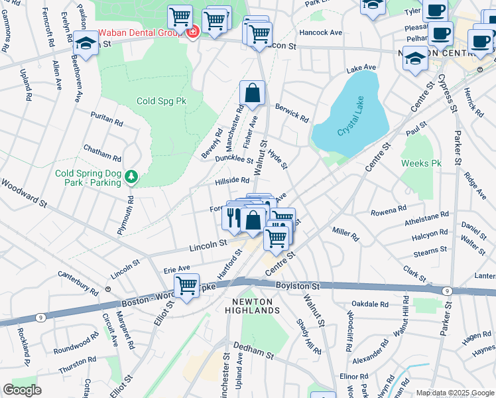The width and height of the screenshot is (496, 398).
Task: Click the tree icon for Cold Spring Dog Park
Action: click(x=133, y=176)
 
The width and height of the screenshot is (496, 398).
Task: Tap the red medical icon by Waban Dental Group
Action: click(x=193, y=32)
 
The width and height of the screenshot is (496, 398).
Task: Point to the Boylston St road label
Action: click(x=298, y=286)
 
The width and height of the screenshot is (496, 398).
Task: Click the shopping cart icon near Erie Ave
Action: click(x=186, y=286)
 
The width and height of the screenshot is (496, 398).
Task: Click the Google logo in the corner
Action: click(x=22, y=390)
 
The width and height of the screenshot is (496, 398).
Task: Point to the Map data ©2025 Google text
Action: click(x=455, y=393)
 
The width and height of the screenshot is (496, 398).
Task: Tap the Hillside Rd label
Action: click(x=231, y=180)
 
